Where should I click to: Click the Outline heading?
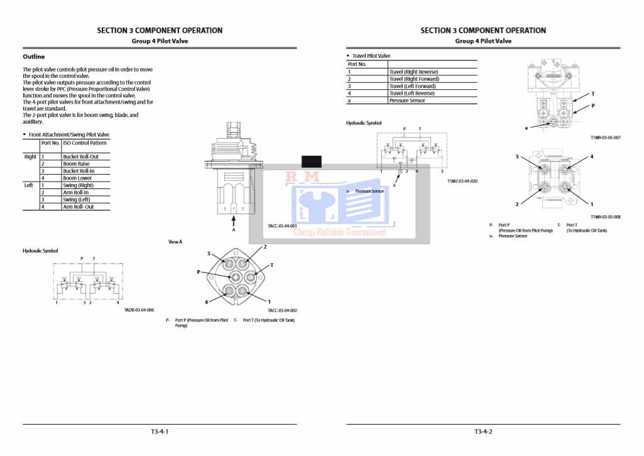34,57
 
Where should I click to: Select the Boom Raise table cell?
76,164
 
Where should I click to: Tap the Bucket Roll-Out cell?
80,156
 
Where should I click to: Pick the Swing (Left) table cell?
76,200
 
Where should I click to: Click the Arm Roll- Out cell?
79,207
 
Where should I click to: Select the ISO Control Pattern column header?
85,143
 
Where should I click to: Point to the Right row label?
30,156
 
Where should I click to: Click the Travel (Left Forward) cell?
412,86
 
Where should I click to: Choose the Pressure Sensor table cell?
407,100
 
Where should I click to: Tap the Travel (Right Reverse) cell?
413,72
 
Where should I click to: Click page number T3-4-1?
160,432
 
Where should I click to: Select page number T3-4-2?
483,432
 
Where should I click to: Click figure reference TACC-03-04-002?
282,310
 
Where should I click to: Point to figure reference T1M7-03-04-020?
462,181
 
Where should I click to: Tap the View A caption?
175,241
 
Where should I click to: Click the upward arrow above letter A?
234,220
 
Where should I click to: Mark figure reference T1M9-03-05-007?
606,138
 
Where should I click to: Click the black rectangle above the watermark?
312,161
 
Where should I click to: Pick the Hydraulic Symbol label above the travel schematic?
364,123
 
